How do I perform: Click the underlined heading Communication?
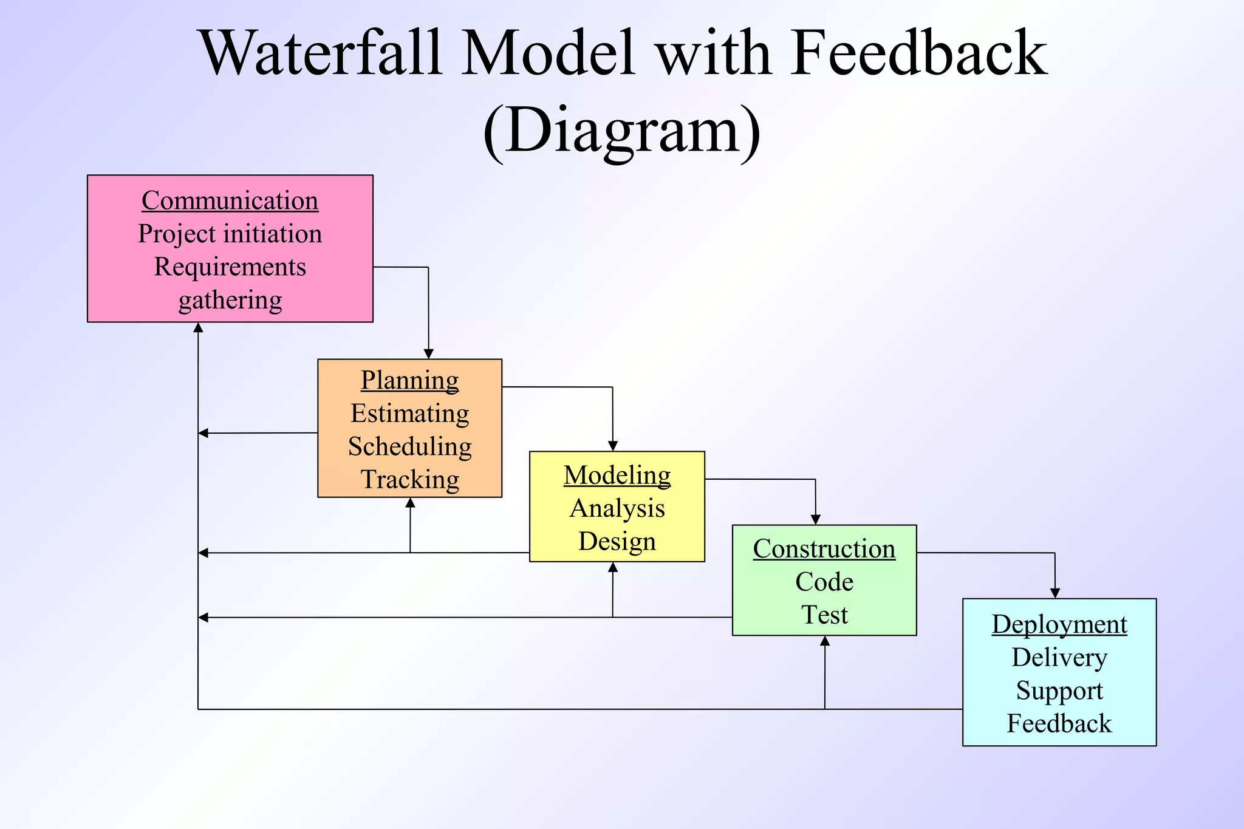coord(230,201)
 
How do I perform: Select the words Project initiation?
coord(230,234)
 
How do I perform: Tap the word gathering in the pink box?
coord(230,300)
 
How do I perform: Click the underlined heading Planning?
coord(410,381)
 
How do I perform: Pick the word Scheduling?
coord(410,446)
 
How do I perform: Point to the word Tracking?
coord(410,479)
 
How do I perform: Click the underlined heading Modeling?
coord(617,475)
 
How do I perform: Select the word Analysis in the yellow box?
coord(617,508)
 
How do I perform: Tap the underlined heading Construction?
coord(824,549)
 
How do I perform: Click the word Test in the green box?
coord(824,615)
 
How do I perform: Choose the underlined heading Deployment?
coord(1059,624)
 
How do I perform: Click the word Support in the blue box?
coord(1059,691)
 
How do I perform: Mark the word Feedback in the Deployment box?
coord(1059,723)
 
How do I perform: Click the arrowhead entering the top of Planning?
coord(428,354)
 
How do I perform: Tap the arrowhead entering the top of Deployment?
coord(1055,593)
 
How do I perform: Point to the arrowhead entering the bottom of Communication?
coord(198,328)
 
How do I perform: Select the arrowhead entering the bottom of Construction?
coord(825,641)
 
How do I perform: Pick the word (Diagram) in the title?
coord(621,131)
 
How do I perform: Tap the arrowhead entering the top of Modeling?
coord(613,446)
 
